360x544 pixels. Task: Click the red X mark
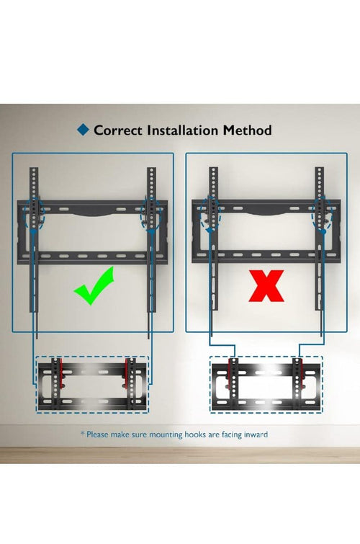click(266, 285)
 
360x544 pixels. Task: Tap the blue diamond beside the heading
click(84, 130)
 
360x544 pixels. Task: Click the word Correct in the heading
click(118, 130)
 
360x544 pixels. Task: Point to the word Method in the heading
click(247, 130)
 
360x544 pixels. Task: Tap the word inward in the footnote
click(256, 434)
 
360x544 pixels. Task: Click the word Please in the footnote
click(98, 434)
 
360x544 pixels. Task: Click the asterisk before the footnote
click(83, 433)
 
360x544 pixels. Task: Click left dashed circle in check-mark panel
click(35, 213)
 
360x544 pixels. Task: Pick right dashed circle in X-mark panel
click(322, 213)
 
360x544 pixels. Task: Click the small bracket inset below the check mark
click(93, 385)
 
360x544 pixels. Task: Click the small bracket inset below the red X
click(266, 385)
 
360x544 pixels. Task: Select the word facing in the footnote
click(232, 434)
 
